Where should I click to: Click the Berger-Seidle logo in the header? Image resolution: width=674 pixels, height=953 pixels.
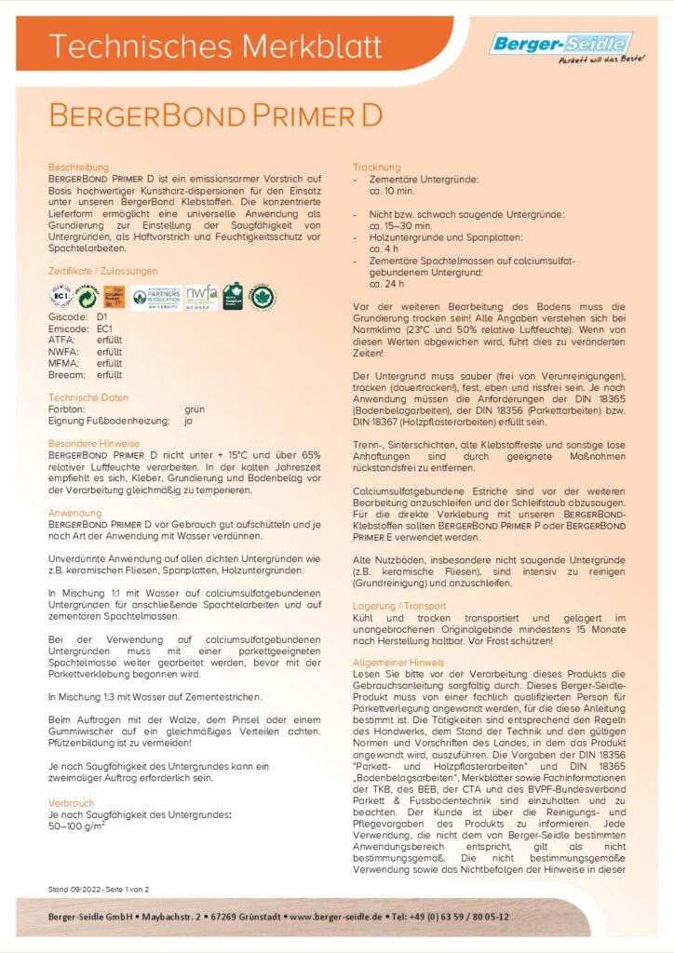tap(560, 45)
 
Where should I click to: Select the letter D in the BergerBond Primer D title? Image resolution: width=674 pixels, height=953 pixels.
tap(371, 116)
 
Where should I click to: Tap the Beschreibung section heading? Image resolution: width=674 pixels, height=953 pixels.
tap(79, 167)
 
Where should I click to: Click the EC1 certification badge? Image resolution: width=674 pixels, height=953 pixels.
tap(61, 297)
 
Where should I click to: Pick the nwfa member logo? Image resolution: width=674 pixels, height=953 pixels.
tap(201, 297)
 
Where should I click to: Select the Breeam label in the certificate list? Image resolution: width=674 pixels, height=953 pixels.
tap(66, 373)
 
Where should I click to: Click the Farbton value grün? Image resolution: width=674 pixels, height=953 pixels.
tap(194, 409)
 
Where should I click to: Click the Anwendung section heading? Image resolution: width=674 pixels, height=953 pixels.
tap(74, 513)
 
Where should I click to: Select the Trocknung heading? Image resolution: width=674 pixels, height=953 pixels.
tap(376, 167)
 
